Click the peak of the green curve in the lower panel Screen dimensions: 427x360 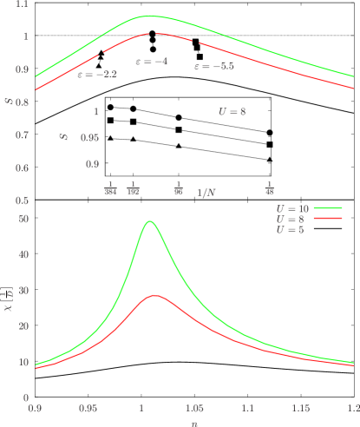[x=149, y=221]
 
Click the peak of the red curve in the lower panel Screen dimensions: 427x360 [x=154, y=296]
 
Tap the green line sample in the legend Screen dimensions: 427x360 [x=328, y=209]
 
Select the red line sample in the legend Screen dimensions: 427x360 [x=328, y=220]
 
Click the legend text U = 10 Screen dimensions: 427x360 [x=291, y=209]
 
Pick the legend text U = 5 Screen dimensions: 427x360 [x=290, y=230]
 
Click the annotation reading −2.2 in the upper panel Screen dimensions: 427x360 [x=97, y=75]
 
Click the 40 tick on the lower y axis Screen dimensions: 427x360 [x=23, y=254]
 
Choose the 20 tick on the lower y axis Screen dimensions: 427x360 [x=23, y=325]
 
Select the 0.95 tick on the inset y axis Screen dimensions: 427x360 [x=89, y=138]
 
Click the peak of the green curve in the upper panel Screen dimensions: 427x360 [x=149, y=16]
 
